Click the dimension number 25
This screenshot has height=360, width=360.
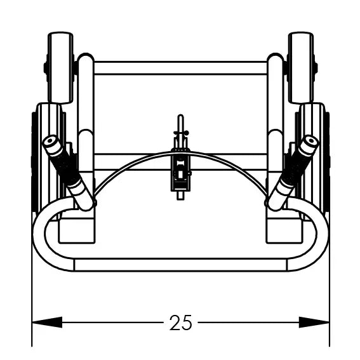[180, 323]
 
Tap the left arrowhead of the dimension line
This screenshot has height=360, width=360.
[47, 323]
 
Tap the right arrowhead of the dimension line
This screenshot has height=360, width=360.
[314, 323]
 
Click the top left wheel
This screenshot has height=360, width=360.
[60, 68]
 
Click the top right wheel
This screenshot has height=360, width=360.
[300, 68]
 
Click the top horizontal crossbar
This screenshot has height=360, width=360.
[180, 68]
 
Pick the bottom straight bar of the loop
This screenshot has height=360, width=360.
[180, 265]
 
